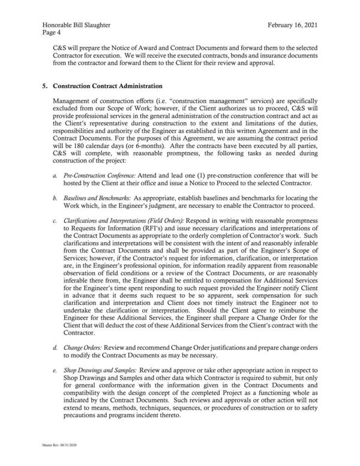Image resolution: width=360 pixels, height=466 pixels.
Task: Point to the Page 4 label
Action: pyautogui.click(x=51, y=35)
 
